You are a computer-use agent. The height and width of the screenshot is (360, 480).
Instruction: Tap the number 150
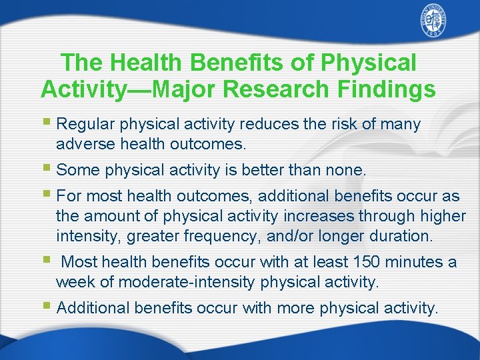(367, 262)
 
